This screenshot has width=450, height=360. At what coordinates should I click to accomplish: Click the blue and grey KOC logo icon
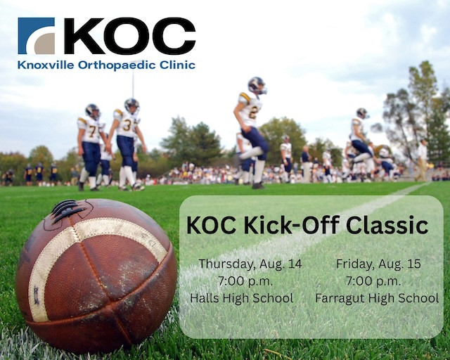coord(36,36)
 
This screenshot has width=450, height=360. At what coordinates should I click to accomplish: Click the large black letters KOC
coord(129,37)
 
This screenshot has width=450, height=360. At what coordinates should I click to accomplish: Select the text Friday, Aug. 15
coord(378,264)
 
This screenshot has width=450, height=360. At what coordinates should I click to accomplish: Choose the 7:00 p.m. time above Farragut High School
coord(378,281)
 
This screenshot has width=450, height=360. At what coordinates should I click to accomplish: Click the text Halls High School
coord(241,298)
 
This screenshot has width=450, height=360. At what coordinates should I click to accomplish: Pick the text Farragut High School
coord(378,298)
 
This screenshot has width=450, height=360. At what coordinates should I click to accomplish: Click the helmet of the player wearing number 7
coord(92,110)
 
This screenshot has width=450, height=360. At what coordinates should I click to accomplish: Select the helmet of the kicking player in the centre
coord(257,84)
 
